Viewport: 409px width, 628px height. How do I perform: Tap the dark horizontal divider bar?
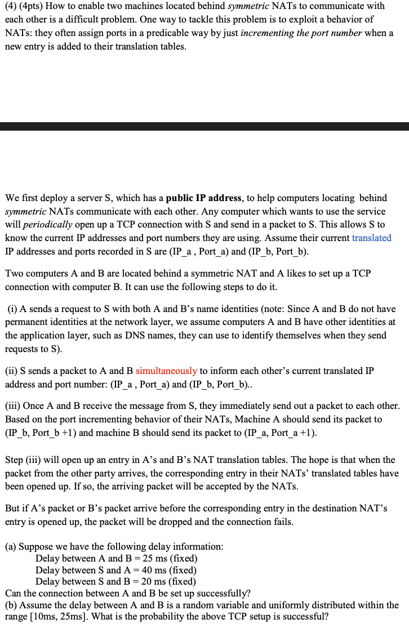coord(204,127)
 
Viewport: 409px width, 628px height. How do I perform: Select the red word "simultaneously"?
coord(166,371)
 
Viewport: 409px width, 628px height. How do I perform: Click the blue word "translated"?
coord(371,238)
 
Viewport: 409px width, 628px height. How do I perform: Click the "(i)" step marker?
coord(13,309)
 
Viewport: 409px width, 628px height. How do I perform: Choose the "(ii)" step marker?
coord(12,371)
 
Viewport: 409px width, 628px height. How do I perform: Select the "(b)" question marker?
coord(12,605)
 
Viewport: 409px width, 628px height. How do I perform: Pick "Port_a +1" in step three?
coord(287,433)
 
